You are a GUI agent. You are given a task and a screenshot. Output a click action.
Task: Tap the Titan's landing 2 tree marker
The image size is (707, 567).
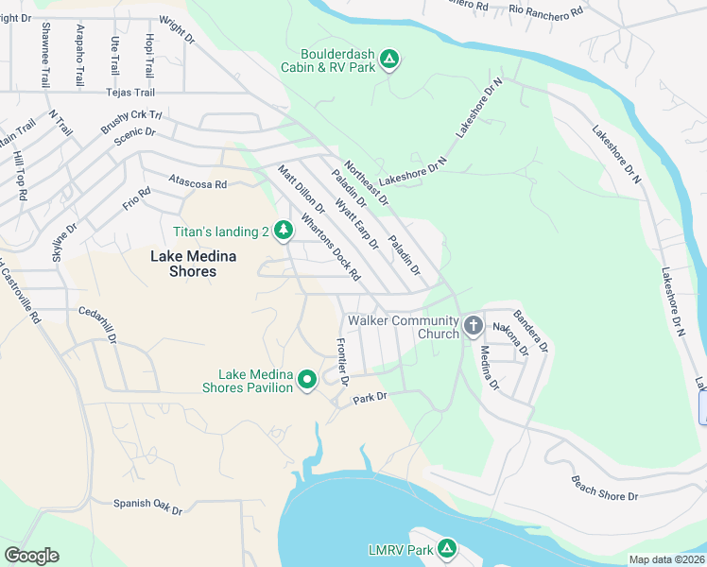click(x=283, y=230)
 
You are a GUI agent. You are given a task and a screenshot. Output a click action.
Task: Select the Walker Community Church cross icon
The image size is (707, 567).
click(x=474, y=327)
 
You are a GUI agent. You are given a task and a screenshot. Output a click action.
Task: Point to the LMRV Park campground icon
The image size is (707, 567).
click(x=447, y=549)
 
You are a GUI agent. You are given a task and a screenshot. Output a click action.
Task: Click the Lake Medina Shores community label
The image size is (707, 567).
click(x=183, y=264)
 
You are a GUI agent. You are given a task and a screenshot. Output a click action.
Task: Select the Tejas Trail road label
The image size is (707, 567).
click(x=129, y=93)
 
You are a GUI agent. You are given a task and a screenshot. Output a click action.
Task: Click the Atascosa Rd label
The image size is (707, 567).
click(x=198, y=183)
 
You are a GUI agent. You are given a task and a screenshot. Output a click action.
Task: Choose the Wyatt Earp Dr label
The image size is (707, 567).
click(x=356, y=220)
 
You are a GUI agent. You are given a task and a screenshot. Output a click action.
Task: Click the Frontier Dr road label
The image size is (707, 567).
click(x=344, y=363)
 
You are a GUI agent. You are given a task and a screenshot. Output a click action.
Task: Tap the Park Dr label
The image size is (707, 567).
click(x=371, y=398)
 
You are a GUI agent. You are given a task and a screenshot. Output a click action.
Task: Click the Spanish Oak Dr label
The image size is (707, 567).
click(x=147, y=507)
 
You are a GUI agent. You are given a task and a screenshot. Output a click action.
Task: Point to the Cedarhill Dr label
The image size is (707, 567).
click(x=97, y=323)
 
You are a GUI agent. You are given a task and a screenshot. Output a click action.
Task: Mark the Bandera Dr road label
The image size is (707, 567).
click(x=531, y=330)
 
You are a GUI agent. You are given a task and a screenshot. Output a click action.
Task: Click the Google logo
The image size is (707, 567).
click(x=31, y=556)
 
